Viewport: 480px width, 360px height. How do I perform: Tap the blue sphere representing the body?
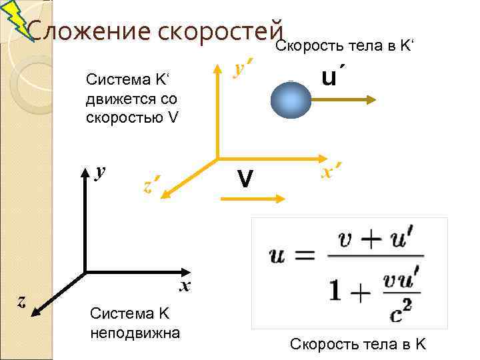tap(291, 100)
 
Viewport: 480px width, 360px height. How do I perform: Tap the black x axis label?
tap(185, 286)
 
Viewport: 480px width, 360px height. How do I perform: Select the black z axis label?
tap(22, 301)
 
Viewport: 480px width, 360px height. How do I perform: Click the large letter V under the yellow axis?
tap(245, 178)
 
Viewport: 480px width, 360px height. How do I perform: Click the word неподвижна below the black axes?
tap(135, 331)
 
